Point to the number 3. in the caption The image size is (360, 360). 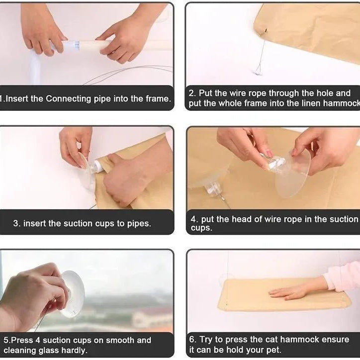(x=17, y=223)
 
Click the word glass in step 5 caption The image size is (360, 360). (x=48, y=351)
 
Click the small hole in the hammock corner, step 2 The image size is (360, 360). (x=266, y=30)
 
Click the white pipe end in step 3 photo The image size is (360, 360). (x=98, y=166)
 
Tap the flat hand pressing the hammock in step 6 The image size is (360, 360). (x=289, y=292)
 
